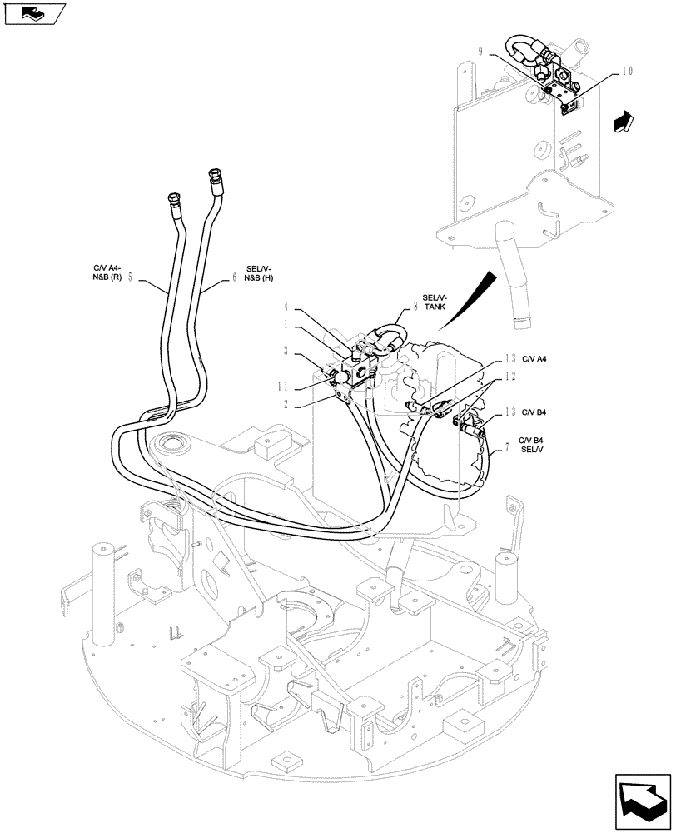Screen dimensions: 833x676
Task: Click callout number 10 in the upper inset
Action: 626,72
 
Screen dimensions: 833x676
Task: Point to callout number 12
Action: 507,376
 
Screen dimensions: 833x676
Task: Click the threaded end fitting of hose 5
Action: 175,200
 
